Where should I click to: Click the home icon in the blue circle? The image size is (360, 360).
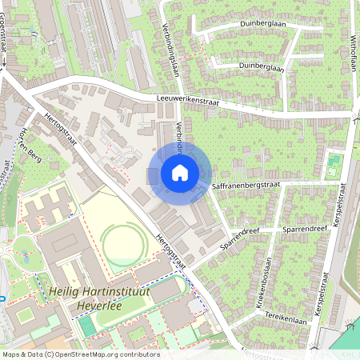pyautogui.click(x=180, y=172)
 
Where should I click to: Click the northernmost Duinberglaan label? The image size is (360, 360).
pyautogui.click(x=262, y=24)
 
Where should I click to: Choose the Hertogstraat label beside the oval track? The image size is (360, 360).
pyautogui.click(x=171, y=249)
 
